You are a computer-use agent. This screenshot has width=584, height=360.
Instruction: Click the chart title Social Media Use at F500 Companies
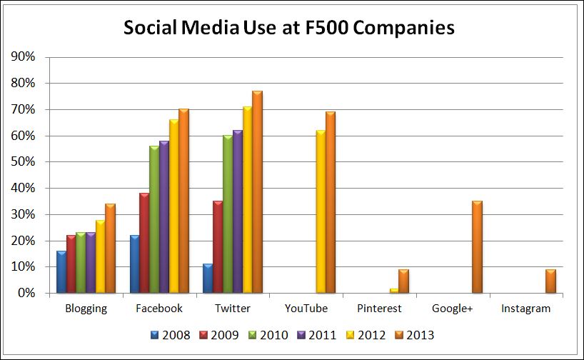[x=289, y=28]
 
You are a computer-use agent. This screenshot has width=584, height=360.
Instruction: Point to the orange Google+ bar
[x=477, y=247]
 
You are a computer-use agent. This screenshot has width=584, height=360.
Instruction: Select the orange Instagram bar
[x=550, y=281]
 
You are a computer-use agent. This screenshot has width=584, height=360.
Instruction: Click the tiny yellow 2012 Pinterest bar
[x=393, y=291]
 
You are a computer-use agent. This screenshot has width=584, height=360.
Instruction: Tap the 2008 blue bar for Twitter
[x=208, y=279]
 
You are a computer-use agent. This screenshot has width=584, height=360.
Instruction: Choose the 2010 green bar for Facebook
[x=153, y=219]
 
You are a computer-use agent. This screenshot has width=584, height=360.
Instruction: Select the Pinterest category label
[x=379, y=309]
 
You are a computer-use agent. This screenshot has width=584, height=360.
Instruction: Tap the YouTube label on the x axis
[x=306, y=309]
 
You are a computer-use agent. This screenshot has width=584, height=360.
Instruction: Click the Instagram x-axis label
[x=526, y=309]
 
